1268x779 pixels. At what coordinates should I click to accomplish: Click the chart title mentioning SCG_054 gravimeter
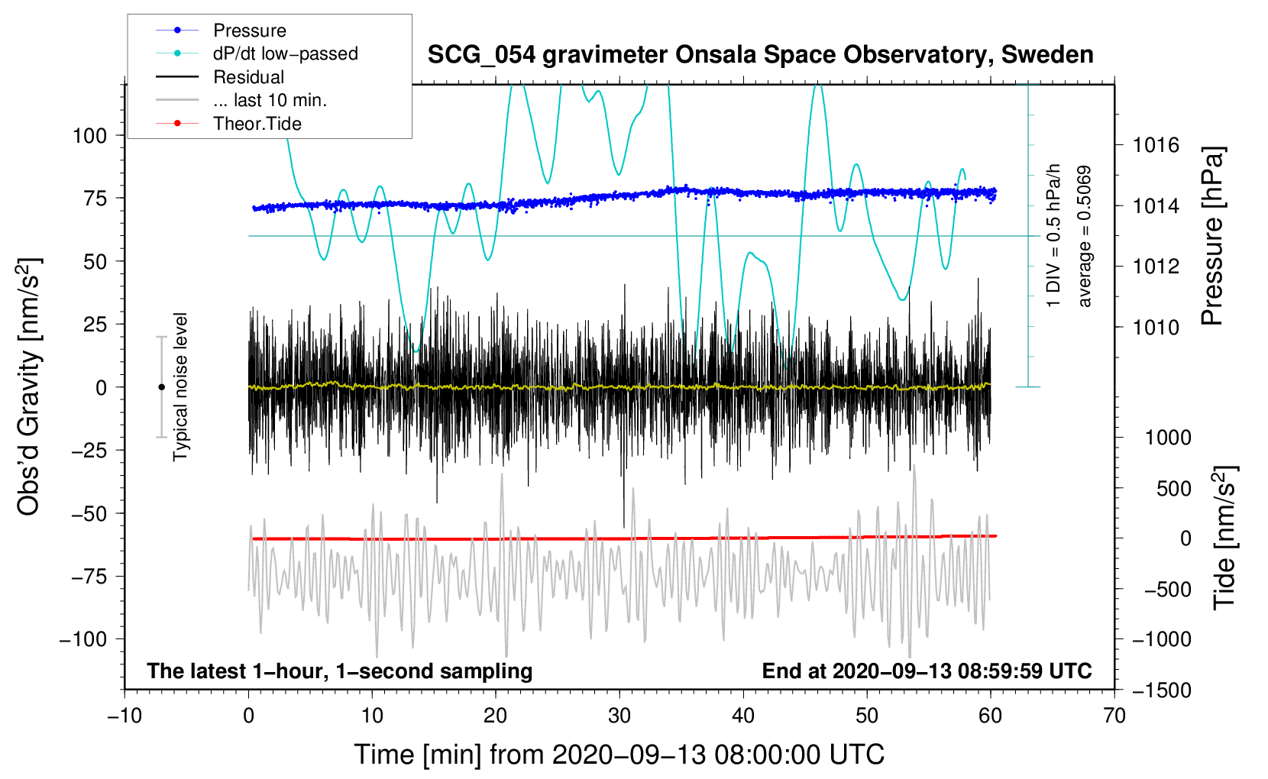tap(760, 55)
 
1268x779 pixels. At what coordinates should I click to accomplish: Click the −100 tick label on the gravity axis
tap(83, 639)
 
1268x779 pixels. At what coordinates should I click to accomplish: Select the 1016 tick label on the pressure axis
tap(1156, 146)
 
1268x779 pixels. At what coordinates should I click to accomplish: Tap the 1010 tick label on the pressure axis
tap(1156, 327)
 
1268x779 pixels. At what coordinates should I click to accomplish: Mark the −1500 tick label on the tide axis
tap(1162, 690)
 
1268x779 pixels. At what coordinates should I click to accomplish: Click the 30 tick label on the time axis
tap(619, 716)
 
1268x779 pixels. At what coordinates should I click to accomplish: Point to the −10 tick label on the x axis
tap(125, 716)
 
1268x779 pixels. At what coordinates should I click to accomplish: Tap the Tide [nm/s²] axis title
tap(1224, 538)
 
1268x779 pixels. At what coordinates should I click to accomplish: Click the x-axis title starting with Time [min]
tap(619, 755)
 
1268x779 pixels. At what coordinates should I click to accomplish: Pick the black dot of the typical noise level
tap(161, 387)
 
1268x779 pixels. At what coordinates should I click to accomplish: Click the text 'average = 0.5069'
tap(1084, 237)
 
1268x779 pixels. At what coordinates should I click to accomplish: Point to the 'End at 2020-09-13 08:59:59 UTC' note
tap(927, 671)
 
